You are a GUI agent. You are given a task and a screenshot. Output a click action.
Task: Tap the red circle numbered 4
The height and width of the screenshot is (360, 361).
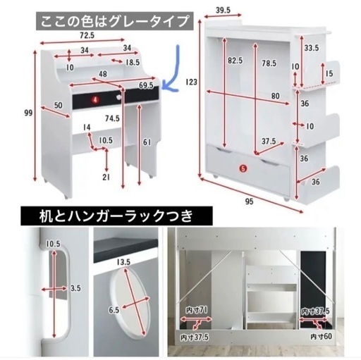pos(95,100)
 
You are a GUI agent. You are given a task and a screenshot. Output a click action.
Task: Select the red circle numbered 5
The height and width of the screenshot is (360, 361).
pos(243,168)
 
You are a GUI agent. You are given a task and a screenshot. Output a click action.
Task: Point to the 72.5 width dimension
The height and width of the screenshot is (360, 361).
pos(87,35)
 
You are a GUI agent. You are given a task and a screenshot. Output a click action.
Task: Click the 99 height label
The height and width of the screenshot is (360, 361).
pos(29,113)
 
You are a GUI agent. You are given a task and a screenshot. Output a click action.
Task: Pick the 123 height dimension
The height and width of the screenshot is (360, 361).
pos(192,82)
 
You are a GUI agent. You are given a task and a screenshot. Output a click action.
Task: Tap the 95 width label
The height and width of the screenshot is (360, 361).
pos(250,201)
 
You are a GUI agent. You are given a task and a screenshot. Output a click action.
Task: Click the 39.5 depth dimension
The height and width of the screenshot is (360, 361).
pos(224,11)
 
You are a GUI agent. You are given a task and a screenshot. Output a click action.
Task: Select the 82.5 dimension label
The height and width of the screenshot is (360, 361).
pos(235,61)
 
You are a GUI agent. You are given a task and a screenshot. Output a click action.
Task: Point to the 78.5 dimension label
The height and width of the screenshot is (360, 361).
pos(269,63)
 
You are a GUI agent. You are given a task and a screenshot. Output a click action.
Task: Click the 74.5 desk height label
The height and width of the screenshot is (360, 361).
pos(112,118)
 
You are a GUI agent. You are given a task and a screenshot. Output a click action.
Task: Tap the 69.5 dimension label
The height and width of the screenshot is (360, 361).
pos(146,85)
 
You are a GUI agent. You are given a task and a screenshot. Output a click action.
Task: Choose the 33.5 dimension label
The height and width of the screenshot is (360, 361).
pos(312,48)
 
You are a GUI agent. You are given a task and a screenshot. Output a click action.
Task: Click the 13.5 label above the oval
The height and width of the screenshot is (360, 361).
pos(123,262)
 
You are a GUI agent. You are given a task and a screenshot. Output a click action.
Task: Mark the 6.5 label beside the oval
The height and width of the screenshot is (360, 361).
pos(114,310)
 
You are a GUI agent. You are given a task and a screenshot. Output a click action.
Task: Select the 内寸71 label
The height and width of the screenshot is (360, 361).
pos(197,311)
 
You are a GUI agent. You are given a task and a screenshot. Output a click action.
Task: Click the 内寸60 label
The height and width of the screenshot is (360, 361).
pos(321,336)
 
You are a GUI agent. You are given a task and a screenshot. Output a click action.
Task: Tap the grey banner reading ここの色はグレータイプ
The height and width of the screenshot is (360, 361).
pos(114,21)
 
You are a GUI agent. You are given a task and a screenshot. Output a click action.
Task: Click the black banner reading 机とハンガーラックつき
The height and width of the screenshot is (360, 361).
pos(116,216)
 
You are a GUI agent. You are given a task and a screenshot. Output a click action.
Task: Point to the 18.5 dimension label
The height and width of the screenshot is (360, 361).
pos(133,63)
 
